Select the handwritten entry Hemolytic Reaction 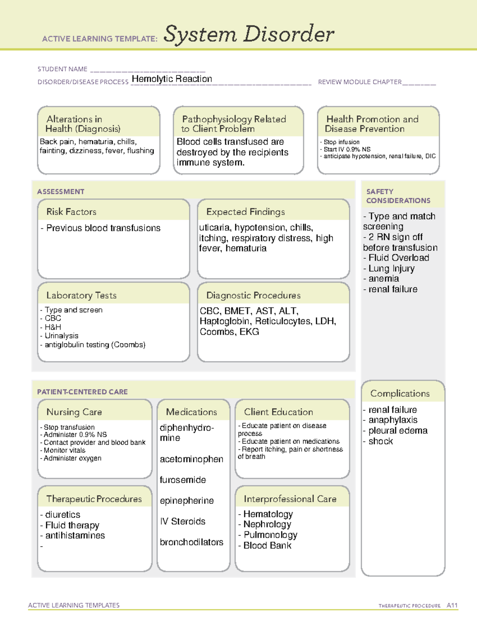pos(172,79)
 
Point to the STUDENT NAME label pos(62,69)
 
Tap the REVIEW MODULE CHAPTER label pos(360,82)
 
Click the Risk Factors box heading pos(72,212)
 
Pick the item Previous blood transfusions pos(103,228)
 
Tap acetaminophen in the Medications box pos(191,459)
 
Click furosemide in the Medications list pos(183,480)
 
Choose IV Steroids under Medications pos(182,521)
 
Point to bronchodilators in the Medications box pos(191,542)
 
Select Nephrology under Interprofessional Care pos(267,524)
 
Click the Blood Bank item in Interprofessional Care pos(267,545)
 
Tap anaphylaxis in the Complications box pos(393,420)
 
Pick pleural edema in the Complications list pos(397,431)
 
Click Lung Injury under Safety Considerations pos(391,268)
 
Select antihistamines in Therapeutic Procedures pos(75,536)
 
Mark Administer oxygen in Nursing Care pos(72,458)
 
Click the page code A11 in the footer pos(452,605)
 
